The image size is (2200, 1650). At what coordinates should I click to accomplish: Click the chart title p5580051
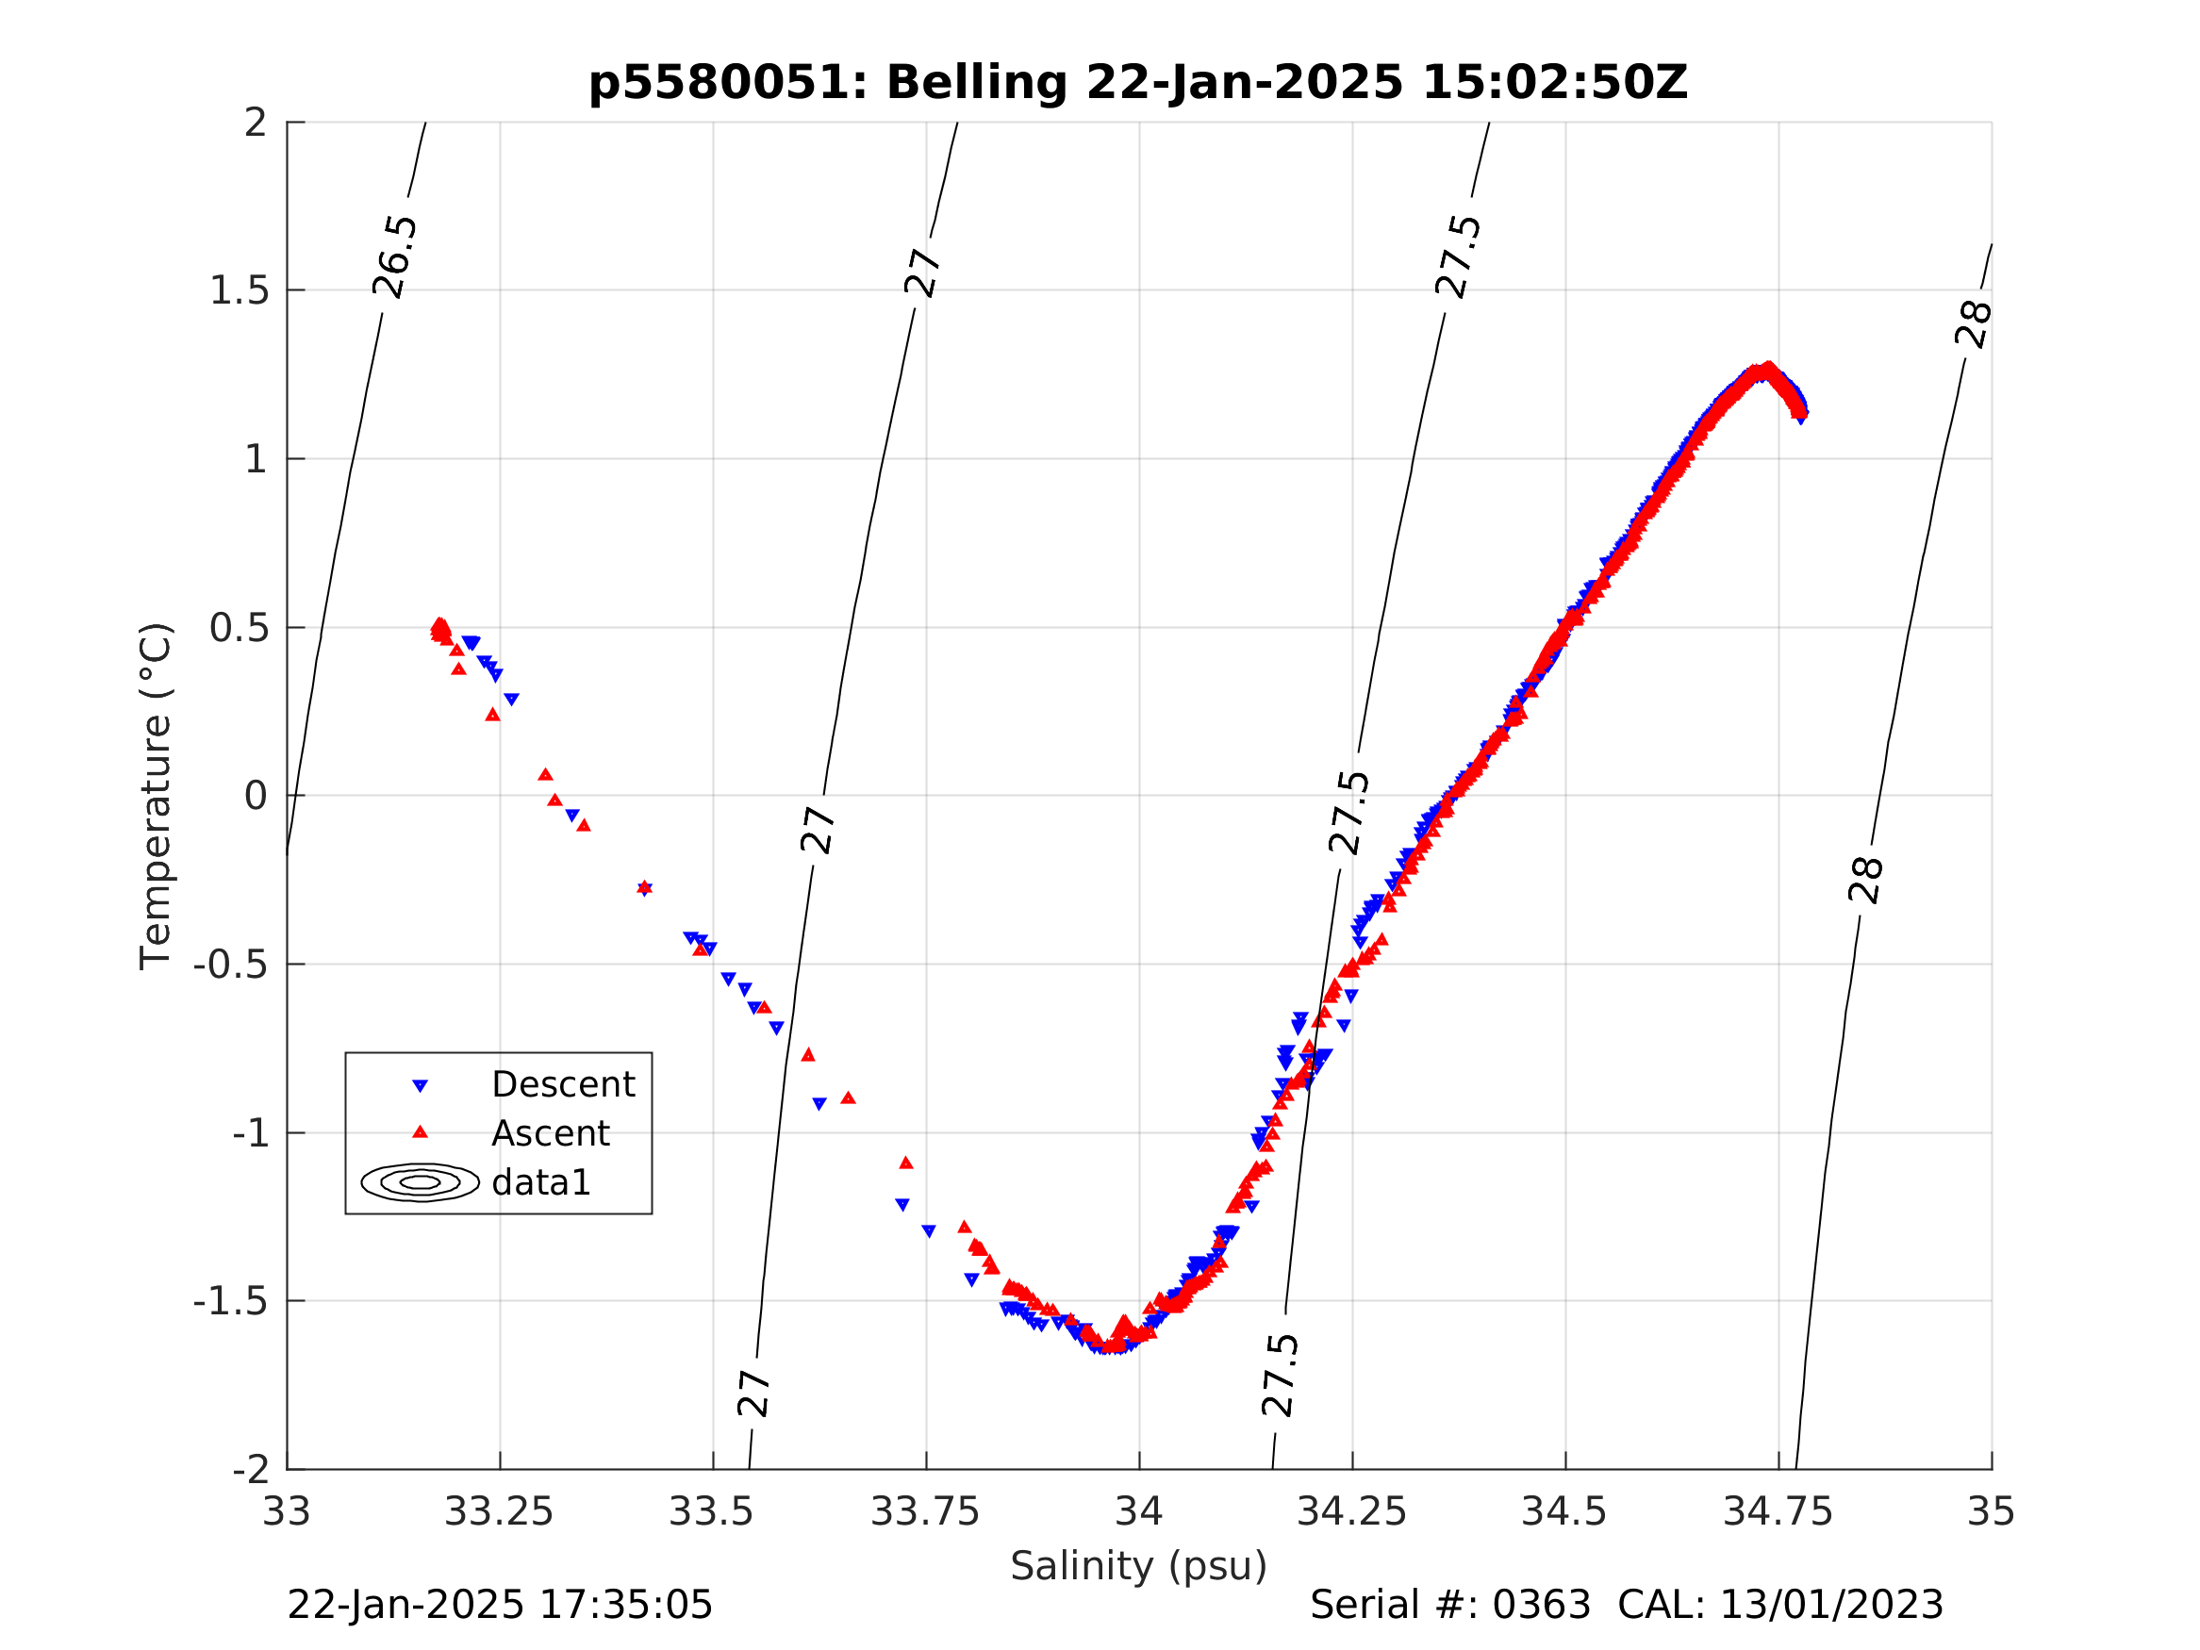pyautogui.click(x=726, y=83)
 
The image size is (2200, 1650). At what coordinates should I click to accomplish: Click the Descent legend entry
pyautogui.click(x=562, y=1084)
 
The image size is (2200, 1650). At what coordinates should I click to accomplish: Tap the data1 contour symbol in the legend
pyautogui.click(x=420, y=1181)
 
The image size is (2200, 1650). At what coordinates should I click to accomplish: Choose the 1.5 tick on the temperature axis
pyautogui.click(x=239, y=290)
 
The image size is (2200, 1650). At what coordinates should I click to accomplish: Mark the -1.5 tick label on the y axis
pyautogui.click(x=231, y=1301)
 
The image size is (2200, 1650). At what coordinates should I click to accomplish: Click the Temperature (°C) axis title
pyautogui.click(x=156, y=796)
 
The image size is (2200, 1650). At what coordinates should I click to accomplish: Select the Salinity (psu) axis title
pyautogui.click(x=1139, y=1565)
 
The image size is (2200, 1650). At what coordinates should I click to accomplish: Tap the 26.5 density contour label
pyautogui.click(x=395, y=256)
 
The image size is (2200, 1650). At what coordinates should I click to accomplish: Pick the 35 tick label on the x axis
pyautogui.click(x=1992, y=1511)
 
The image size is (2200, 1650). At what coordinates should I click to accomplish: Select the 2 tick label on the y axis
pyautogui.click(x=256, y=123)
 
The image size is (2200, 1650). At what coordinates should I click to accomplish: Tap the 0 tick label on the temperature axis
pyautogui.click(x=256, y=796)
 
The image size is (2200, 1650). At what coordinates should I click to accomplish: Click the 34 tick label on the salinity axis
pyautogui.click(x=1139, y=1511)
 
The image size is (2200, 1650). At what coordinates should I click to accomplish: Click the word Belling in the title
pyautogui.click(x=976, y=83)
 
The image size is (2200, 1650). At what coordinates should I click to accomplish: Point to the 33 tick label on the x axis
pyautogui.click(x=287, y=1511)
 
